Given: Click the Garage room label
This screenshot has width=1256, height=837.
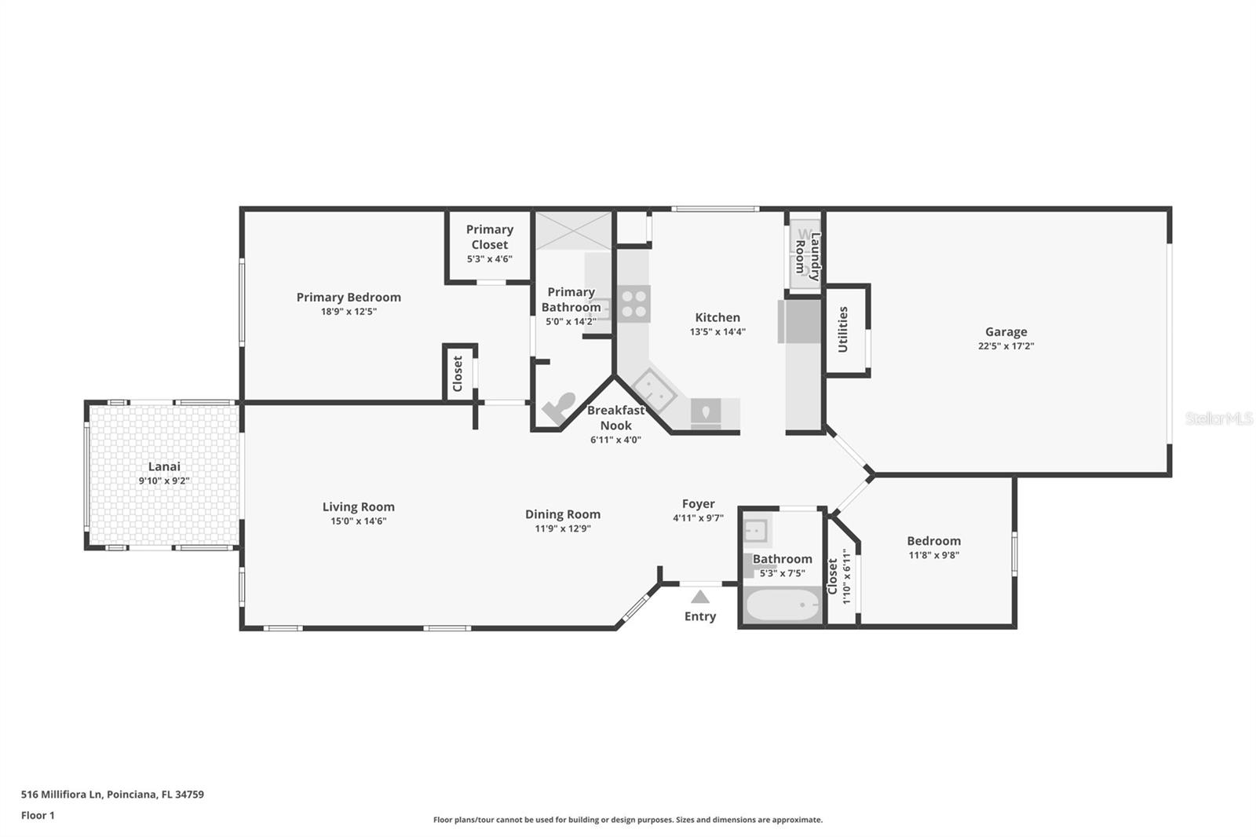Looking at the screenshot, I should (1006, 331).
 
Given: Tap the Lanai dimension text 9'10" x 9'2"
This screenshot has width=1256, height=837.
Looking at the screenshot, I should (164, 481).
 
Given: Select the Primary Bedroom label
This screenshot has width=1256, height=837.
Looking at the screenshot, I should (349, 297).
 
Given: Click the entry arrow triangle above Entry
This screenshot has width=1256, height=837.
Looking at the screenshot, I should (700, 597).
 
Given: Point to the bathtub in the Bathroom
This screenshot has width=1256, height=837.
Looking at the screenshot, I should (781, 606).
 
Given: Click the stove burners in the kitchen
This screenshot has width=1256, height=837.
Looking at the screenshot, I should (633, 304).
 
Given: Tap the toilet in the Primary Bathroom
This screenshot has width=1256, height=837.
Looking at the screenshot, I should (558, 408).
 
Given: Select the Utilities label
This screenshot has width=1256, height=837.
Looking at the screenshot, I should (843, 329).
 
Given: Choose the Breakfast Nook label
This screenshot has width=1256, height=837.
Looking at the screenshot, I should (615, 418).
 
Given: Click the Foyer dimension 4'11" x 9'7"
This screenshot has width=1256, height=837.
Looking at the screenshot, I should (698, 518).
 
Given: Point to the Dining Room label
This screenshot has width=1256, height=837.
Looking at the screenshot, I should (563, 514).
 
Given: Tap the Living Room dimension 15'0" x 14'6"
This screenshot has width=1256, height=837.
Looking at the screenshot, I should (358, 521).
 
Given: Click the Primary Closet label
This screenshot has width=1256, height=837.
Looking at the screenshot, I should (489, 236).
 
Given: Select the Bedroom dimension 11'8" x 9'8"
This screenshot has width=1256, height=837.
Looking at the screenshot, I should (934, 555).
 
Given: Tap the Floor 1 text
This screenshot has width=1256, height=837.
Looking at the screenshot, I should (38, 815).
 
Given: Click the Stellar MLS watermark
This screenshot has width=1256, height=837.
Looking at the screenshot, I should (1218, 419).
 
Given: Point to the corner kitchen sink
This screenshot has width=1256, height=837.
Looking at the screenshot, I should (654, 389).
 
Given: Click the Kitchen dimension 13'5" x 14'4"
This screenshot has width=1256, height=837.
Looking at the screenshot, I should (717, 332).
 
